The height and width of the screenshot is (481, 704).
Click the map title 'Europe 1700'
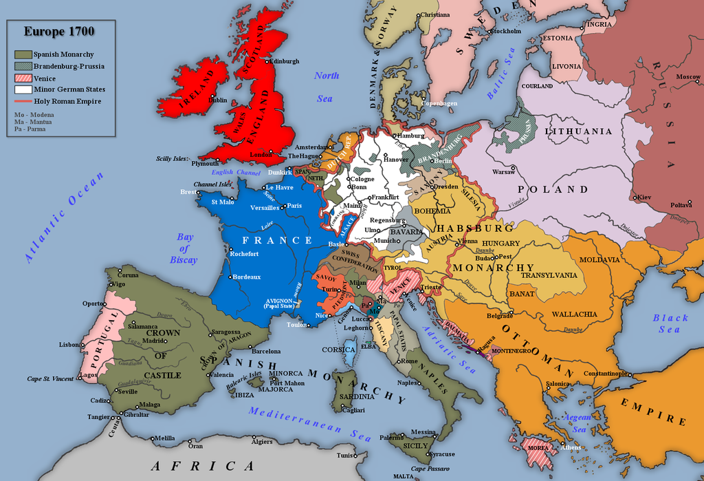[59, 31]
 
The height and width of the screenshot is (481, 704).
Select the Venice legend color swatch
[23, 78]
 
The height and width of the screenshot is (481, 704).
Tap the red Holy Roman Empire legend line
[23, 101]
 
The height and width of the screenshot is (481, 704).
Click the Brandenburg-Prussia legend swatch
[23, 66]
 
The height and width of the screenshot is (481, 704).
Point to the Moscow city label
[687, 76]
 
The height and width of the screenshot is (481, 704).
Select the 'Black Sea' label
[670, 323]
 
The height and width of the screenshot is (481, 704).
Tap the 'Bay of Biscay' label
[184, 248]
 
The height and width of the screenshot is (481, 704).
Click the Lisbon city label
[69, 344]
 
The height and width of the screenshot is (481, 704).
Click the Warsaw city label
[503, 171]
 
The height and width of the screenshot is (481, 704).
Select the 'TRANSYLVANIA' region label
[549, 275]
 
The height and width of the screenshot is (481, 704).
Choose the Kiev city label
[643, 197]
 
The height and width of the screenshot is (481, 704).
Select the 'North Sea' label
[325, 87]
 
